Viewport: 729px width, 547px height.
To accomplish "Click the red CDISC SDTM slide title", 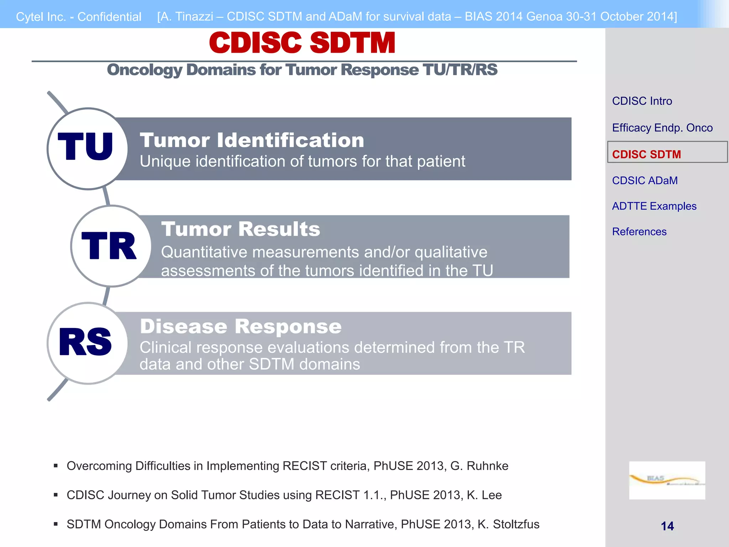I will coord(302,43).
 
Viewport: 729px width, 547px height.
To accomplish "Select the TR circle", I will coord(111,246).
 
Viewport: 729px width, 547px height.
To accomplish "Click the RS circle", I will coord(87,343).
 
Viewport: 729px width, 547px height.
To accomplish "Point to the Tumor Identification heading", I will coord(252,140).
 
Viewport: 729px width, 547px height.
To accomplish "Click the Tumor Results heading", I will coord(241,229).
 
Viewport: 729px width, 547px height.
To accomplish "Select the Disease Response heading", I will coord(241,326).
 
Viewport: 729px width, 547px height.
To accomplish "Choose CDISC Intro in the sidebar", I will coord(642,101).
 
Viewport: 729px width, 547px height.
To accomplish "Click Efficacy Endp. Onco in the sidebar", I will coord(662,128).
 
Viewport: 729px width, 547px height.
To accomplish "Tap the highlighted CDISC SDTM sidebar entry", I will coord(646,154).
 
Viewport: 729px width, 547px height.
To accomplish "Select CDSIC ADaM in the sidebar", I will coord(645,181).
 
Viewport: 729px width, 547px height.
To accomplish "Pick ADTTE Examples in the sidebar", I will coord(654,206).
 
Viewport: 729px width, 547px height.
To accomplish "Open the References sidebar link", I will coord(639,232).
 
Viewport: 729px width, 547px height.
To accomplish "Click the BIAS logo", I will coord(667,480).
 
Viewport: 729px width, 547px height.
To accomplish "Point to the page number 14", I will coord(667,526).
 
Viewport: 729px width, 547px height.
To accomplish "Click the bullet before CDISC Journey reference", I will coord(56,495).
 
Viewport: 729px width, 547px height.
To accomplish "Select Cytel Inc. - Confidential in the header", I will coord(79,17).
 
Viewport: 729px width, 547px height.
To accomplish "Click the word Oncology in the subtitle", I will coord(145,70).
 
